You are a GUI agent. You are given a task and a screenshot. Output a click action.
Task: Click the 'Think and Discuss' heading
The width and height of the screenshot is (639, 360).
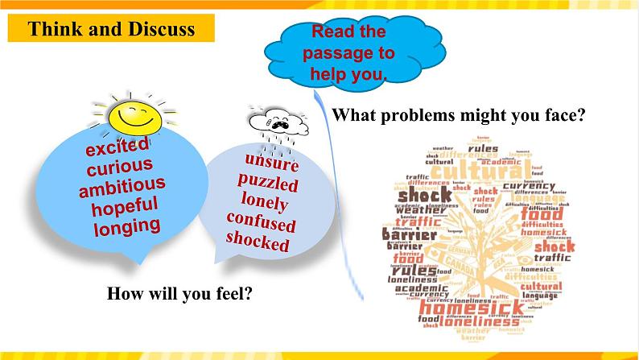[111, 30]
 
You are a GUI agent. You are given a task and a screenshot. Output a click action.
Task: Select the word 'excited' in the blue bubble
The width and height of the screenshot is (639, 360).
[118, 151]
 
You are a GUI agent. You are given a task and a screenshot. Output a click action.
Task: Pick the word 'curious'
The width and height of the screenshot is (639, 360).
[119, 168]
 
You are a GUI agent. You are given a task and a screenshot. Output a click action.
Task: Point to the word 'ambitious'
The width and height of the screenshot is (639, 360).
[122, 187]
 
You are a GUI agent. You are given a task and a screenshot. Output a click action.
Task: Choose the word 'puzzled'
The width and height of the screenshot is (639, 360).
[268, 183]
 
